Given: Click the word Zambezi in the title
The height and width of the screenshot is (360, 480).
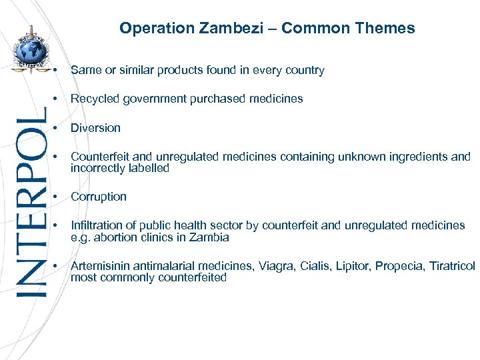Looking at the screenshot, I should pos(245,28).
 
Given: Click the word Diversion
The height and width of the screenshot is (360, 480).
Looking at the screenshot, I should pos(95,128).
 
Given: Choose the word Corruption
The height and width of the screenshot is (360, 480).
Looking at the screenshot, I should pos(99,197).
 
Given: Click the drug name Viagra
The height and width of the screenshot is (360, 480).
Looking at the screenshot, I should pos(273,266).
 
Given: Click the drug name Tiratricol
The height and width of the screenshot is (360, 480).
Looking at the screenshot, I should pos(452,266).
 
